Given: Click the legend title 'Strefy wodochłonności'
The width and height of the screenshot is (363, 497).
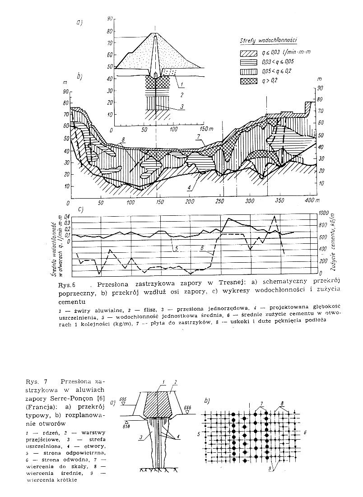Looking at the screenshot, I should coord(270,41).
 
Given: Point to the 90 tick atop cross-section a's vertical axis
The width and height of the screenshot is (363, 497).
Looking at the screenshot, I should coord(109,19).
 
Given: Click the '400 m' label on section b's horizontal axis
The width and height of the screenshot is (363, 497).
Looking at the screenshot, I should coord(309,200).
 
